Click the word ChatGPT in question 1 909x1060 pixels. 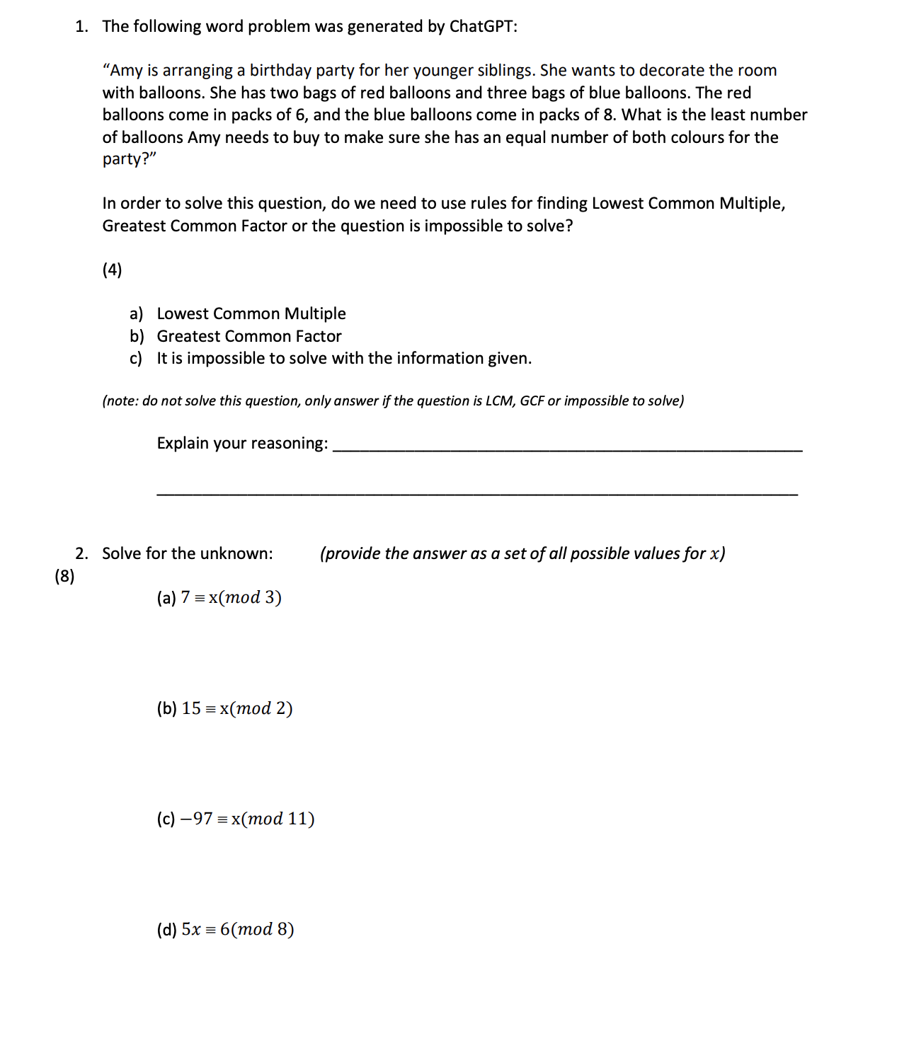[x=481, y=27]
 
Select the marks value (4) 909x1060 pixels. [x=112, y=270]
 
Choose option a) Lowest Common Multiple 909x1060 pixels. [x=251, y=313]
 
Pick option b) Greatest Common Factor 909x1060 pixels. [x=248, y=336]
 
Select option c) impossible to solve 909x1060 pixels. [x=343, y=359]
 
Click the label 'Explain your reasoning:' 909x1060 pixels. [x=242, y=444]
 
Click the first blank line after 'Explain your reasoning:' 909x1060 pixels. [x=566, y=449]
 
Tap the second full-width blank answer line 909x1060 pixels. [x=476, y=493]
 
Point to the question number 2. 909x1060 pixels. [x=81, y=553]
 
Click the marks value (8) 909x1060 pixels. [x=64, y=576]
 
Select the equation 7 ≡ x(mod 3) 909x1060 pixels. [x=231, y=598]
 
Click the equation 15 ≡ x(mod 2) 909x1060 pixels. [x=236, y=708]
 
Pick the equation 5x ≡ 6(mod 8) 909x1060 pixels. [x=237, y=929]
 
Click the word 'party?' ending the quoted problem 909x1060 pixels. [x=128, y=159]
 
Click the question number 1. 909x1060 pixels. [x=81, y=27]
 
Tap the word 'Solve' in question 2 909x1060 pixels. [x=121, y=553]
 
